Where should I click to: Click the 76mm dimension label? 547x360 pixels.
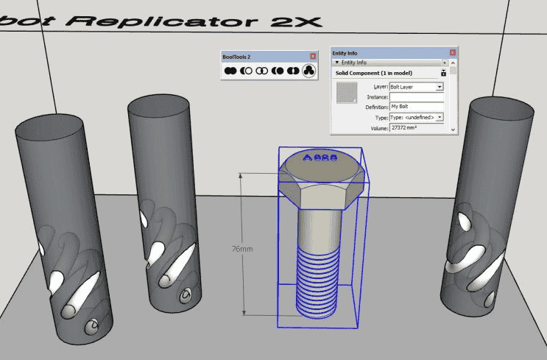pos(242,250)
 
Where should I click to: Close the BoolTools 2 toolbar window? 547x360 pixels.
pos(312,57)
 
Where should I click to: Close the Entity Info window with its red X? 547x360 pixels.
pos(452,52)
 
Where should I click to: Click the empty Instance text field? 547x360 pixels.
pos(416,96)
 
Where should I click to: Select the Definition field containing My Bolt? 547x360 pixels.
pos(416,107)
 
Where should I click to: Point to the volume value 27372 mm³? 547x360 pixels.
pos(406,128)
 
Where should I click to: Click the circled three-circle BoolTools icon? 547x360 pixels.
pos(308,71)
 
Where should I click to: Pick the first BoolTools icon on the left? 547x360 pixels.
pos(230,71)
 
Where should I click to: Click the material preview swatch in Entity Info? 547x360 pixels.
pos(346,91)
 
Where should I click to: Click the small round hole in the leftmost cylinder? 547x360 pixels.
pos(93,325)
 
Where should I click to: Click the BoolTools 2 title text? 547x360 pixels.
pos(236,57)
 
